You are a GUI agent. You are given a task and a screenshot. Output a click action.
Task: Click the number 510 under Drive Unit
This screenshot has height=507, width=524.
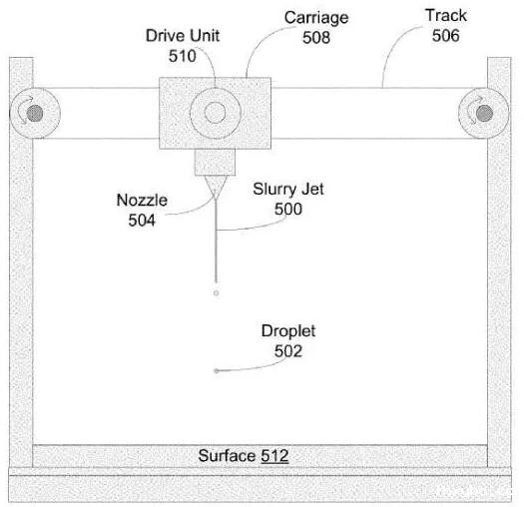[182, 56]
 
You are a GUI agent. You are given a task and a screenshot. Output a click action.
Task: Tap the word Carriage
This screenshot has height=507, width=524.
[316, 18]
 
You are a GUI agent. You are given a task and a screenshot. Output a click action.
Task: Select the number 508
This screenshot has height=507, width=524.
[316, 37]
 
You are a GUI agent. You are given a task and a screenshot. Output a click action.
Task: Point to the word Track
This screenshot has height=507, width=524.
[446, 15]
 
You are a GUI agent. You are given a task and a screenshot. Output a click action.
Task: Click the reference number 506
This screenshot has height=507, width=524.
[446, 35]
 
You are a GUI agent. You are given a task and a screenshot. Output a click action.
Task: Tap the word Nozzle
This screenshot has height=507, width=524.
[142, 201]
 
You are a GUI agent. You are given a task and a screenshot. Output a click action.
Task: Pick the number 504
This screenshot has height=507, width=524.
[142, 221]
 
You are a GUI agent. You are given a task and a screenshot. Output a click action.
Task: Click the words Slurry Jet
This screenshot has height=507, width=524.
[288, 190]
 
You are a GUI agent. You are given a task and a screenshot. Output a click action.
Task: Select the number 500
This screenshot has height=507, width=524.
[288, 209]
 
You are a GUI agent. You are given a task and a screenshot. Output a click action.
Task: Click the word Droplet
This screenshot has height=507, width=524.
[288, 331]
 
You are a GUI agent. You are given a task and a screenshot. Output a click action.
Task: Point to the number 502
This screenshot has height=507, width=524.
[288, 351]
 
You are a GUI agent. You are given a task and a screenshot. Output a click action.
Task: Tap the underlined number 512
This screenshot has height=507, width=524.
[274, 456]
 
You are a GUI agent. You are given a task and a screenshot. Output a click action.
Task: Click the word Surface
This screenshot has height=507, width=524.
[227, 456]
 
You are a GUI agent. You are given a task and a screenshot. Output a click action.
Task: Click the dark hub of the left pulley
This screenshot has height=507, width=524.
[35, 114]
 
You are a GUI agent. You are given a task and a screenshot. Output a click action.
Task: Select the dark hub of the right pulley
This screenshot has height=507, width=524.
[484, 114]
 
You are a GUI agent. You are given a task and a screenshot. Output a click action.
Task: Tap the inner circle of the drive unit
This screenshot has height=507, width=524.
[215, 113]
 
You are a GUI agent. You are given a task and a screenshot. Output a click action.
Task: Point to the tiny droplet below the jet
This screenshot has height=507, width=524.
[216, 293]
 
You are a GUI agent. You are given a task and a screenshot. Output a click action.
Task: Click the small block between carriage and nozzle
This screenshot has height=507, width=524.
[215, 162]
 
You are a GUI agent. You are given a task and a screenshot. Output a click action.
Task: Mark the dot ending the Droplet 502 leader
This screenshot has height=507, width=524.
[217, 370]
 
